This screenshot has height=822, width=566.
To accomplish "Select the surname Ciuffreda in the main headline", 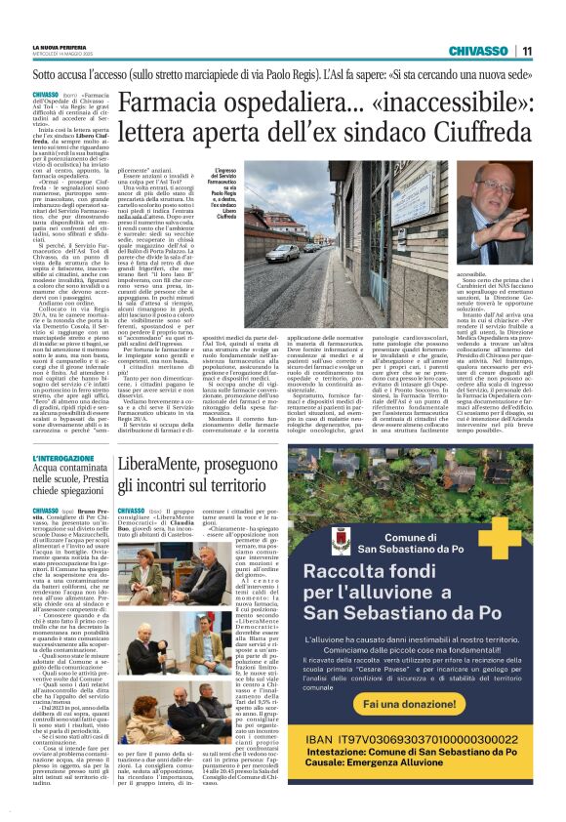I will (473, 133).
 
